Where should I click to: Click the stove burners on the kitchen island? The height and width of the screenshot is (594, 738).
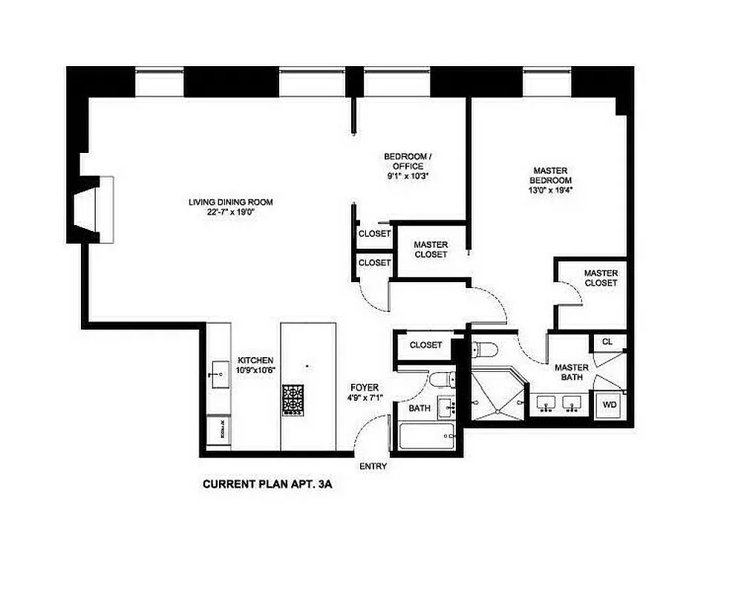pos(293,399)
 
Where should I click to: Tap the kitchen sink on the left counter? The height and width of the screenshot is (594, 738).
pos(220,373)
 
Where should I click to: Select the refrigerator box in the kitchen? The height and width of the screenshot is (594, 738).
pos(218,431)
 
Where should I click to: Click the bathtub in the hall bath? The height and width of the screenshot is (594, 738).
pos(424,436)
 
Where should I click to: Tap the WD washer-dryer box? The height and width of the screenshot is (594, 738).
pos(610,405)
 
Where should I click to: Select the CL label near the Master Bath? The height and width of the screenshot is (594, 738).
pos(607,342)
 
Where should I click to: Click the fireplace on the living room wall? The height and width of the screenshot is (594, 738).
pos(93,210)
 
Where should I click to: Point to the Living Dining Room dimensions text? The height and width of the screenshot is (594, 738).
pos(231,212)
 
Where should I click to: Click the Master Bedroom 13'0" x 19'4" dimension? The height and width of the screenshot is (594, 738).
pos(550,189)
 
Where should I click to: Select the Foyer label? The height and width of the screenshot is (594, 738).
pos(365,388)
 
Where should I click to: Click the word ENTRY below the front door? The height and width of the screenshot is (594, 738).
pos(373,466)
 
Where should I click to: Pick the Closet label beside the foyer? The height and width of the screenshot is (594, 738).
pos(425,345)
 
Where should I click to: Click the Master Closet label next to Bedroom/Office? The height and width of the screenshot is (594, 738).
pos(431,249)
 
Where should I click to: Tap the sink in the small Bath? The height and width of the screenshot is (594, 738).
pos(447,406)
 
